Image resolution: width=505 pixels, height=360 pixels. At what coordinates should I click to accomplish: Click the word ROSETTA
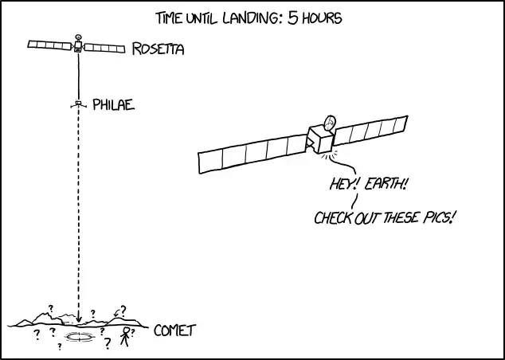pos(159,49)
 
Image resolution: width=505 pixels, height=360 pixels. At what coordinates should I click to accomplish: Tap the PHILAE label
pos(113,104)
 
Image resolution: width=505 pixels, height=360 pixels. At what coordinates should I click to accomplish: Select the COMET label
pos(175,331)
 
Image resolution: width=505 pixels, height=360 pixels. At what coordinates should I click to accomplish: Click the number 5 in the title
pos(293,18)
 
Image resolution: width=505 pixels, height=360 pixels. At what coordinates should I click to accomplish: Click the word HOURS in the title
pos(322,18)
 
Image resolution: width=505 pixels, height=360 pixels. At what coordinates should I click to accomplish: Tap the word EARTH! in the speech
pos(386,184)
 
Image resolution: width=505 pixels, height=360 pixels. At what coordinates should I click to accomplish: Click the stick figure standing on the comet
pos(125,337)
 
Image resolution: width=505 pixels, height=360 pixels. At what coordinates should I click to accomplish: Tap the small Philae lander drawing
pos(78,104)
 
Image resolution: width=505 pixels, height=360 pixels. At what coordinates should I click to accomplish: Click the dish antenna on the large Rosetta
pos(330,123)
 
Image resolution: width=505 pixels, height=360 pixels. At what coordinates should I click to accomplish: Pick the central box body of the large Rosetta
pos(320,139)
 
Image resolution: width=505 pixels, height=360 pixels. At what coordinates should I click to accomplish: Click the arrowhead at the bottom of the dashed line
pos(79,319)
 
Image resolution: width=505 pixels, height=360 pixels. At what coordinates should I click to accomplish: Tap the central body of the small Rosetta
pos(77,46)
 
